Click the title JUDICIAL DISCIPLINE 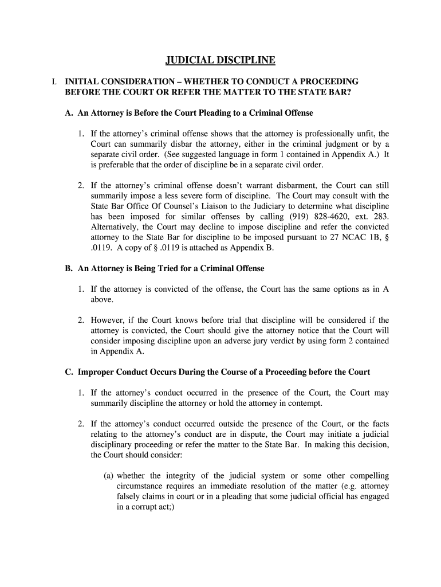click(220, 60)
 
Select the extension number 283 click(380, 216)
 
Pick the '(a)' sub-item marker click(109, 476)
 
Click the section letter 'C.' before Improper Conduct click(69, 372)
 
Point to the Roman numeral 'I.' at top click(54, 81)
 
